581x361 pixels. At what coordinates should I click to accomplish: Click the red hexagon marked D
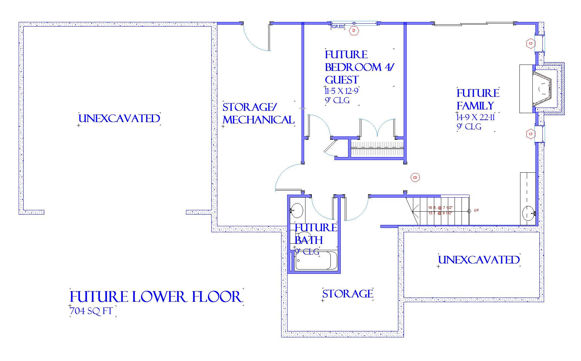[x=354, y=31]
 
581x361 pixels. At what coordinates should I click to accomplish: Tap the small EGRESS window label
[x=338, y=27]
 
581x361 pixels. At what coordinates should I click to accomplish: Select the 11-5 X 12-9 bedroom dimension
[x=341, y=91]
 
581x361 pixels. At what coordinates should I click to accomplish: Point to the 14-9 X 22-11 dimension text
[x=476, y=117]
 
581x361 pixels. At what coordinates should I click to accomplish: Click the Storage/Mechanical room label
[x=258, y=113]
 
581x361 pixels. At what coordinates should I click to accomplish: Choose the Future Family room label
[x=478, y=99]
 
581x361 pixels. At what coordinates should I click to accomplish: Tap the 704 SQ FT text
[x=91, y=311]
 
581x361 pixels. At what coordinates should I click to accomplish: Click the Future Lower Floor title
[x=156, y=297]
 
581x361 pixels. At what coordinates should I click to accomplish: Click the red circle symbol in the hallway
[x=415, y=177]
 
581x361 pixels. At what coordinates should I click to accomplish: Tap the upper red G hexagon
[x=530, y=43]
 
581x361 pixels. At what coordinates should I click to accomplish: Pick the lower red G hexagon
[x=530, y=134]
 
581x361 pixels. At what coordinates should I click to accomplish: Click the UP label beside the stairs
[x=476, y=211]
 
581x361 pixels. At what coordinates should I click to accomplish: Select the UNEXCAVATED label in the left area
[x=119, y=118]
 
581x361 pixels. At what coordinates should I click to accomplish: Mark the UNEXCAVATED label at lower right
[x=479, y=260]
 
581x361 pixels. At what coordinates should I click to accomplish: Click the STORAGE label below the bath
[x=347, y=294]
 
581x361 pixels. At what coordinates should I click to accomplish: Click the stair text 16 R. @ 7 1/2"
[x=440, y=208]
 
